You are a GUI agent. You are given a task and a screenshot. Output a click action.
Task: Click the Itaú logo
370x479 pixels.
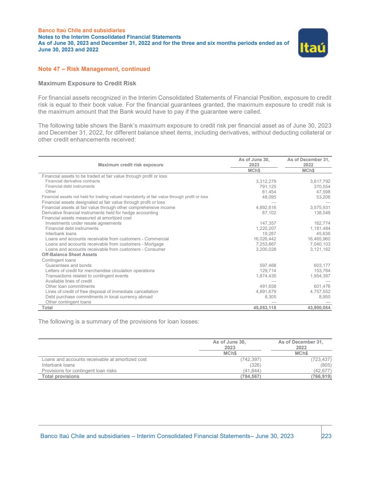tap(312, 43)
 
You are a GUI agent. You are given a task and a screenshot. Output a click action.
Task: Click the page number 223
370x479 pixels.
tap(326, 436)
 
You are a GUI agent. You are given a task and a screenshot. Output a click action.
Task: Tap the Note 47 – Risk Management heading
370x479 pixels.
tap(94, 69)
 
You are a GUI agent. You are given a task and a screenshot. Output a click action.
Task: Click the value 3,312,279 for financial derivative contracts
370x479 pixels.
tap(266, 181)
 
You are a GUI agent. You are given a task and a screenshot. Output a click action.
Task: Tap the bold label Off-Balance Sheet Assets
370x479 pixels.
tap(69, 255)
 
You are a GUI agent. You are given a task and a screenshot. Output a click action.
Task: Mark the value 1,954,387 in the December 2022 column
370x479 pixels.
tap(319, 276)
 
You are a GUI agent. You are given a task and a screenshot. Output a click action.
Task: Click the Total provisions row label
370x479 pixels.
tap(61, 376)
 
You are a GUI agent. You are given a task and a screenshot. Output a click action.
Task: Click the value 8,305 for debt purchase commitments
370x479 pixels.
tap(270, 297)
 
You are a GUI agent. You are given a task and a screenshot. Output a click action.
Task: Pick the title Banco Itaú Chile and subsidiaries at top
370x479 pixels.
tap(82, 30)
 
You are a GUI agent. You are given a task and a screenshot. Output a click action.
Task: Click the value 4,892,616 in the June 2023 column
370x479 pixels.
tap(266, 207)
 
